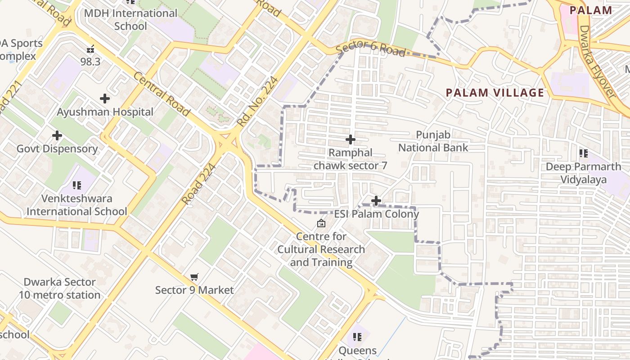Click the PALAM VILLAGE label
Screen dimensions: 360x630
[x=495, y=93]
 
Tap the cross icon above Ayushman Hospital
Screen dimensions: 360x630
[x=105, y=99]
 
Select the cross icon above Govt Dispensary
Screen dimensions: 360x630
[x=57, y=135]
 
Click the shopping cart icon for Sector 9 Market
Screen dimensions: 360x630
[x=194, y=277]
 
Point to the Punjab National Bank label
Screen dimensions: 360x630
[x=433, y=141]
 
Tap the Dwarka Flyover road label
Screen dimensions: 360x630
[x=597, y=62]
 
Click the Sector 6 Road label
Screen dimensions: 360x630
[x=371, y=49]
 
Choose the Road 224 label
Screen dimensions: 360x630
[x=198, y=184]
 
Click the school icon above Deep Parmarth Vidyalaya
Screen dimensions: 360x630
[x=584, y=153]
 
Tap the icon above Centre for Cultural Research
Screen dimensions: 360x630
[x=321, y=223]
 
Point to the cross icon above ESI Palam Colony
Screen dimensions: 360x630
[x=376, y=200]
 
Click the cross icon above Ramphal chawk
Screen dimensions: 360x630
[x=350, y=139]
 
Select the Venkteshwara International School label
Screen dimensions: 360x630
[x=77, y=205]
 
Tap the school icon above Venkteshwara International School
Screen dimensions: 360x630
[x=77, y=185]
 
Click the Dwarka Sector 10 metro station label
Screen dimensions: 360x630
[x=59, y=288]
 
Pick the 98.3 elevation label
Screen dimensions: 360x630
[x=90, y=62]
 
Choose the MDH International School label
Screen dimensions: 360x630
[x=130, y=19]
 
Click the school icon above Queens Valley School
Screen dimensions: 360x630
[x=357, y=337]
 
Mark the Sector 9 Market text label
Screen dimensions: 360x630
[x=194, y=290]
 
